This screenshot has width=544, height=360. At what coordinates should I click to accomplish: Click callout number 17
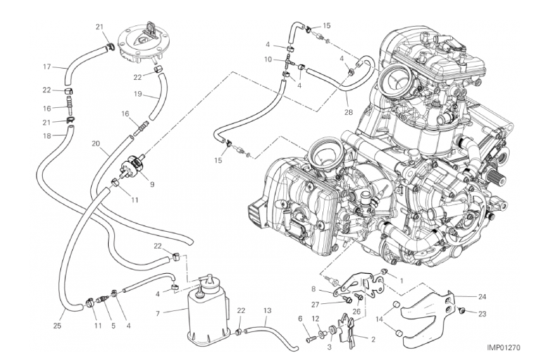[x=46, y=67]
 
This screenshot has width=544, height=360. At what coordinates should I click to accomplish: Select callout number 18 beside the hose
[x=46, y=136]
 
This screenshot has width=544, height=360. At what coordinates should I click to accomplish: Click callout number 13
[x=267, y=310]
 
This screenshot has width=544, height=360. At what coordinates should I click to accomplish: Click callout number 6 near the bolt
[x=301, y=319]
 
